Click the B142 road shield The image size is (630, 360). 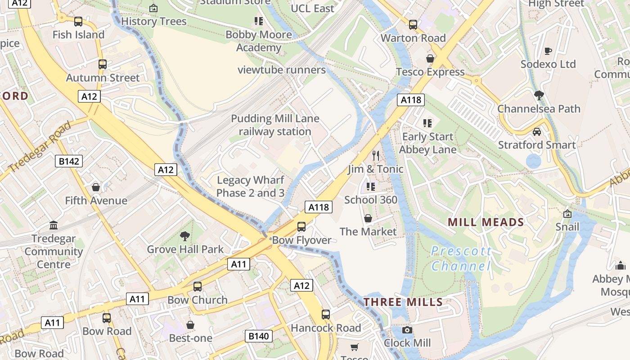(x=69, y=161)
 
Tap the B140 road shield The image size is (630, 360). (x=259, y=336)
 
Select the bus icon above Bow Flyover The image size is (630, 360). (x=301, y=227)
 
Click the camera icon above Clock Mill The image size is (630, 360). (x=407, y=330)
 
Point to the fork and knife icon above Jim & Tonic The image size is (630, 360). (x=376, y=156)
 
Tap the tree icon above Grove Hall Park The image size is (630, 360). (x=184, y=236)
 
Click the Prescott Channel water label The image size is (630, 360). (x=461, y=258)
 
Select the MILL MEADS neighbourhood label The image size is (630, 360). (x=486, y=222)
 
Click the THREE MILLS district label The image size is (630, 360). (x=403, y=301)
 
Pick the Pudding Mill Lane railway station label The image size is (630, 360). (x=275, y=125)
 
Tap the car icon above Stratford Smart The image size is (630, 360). (x=536, y=132)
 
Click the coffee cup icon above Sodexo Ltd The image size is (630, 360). (x=548, y=51)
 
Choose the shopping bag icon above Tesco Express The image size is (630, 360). (x=430, y=58)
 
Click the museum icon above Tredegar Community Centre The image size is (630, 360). (x=54, y=225)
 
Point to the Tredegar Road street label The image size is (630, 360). (x=40, y=146)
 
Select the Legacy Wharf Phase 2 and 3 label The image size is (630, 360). (x=251, y=186)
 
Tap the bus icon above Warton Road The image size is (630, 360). (x=413, y=25)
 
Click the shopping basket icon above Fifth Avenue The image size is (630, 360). (x=96, y=187)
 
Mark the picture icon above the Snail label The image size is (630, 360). (x=567, y=213)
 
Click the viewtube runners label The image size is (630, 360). (x=282, y=70)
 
